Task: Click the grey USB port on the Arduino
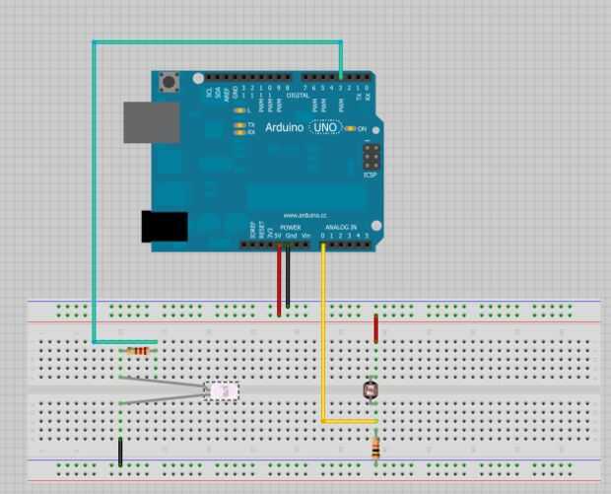click(151, 122)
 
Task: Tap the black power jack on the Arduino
click(164, 226)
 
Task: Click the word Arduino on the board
click(284, 128)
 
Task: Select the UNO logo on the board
click(326, 128)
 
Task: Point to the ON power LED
click(349, 129)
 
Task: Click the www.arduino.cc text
click(305, 214)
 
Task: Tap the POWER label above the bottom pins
click(291, 227)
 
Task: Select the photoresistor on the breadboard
click(372, 389)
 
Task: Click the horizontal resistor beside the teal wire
click(139, 351)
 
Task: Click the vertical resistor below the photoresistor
click(375, 450)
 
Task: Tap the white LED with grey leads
click(222, 391)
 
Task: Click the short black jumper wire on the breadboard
click(120, 452)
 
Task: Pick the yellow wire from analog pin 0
click(323, 335)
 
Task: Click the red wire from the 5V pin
click(279, 281)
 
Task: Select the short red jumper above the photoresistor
click(375, 327)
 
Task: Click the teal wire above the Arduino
click(217, 41)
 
